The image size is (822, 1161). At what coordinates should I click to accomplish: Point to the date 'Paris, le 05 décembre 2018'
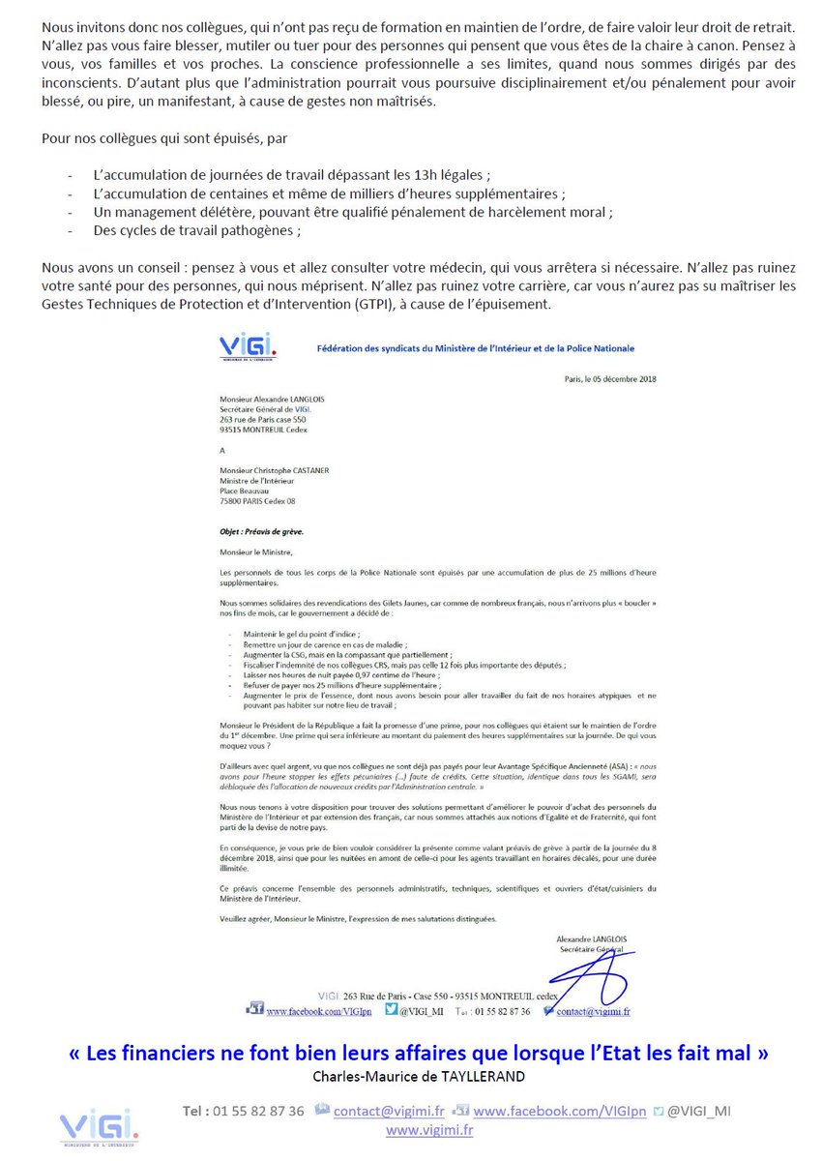pyautogui.click(x=611, y=378)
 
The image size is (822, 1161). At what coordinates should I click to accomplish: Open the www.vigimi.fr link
pyautogui.click(x=429, y=1129)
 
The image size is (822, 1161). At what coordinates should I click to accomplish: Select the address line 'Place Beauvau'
pyautogui.click(x=245, y=491)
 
